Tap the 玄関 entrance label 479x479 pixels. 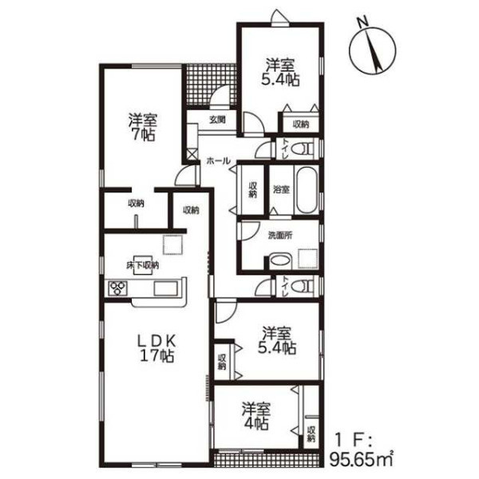(217, 120)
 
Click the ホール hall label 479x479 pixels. (218, 160)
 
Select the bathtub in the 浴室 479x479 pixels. (307, 190)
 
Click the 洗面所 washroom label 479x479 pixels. (280, 236)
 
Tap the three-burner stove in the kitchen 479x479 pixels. (117, 288)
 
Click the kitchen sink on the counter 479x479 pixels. (166, 288)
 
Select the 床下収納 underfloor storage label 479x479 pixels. (143, 265)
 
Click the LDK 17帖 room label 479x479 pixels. (157, 347)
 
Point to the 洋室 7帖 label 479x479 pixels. (142, 127)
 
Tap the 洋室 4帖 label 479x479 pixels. (256, 416)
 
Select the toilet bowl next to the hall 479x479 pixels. (301, 149)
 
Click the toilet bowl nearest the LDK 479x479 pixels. (301, 287)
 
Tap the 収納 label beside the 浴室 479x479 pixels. (252, 190)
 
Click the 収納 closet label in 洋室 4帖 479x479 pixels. (311, 433)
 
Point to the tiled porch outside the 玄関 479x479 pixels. (211, 85)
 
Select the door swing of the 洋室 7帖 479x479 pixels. (185, 176)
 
